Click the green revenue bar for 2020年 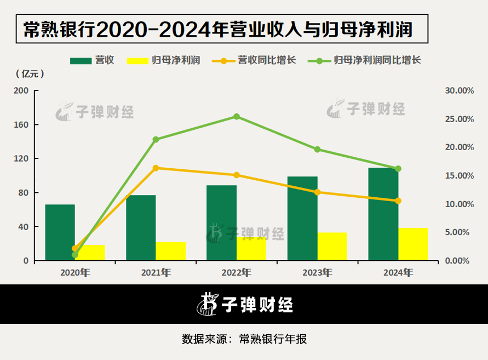pos(60,232)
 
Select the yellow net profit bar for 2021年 pos(171,251)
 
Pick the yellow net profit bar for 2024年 pos(413,244)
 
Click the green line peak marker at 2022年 pos(237,116)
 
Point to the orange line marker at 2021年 pos(156,168)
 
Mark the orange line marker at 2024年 pos(398,201)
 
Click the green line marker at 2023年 pos(317,149)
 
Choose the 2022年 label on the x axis pos(237,272)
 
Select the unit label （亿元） pos(30,74)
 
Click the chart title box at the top pos(222,30)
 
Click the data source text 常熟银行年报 pos(273,339)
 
